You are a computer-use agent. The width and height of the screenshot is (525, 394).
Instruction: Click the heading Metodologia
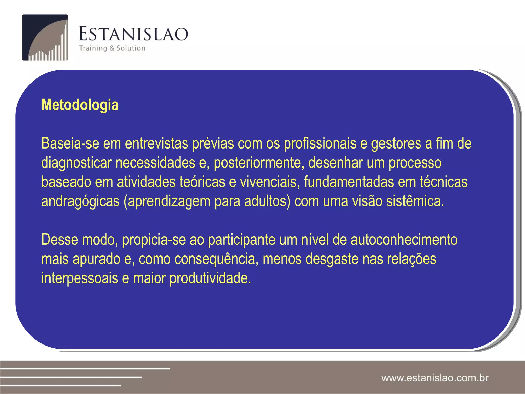pyautogui.click(x=80, y=105)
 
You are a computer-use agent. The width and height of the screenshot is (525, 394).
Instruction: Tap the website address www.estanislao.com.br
pyautogui.click(x=435, y=378)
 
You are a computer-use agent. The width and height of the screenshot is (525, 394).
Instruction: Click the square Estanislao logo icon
pyautogui.click(x=45, y=37)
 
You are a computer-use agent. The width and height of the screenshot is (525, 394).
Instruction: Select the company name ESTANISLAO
pyautogui.click(x=133, y=34)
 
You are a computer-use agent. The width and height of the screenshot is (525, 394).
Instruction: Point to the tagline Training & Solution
pyautogui.click(x=112, y=48)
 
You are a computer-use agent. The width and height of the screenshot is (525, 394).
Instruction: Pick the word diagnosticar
pyautogui.click(x=76, y=163)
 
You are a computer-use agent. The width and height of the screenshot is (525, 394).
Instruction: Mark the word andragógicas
pyautogui.click(x=80, y=201)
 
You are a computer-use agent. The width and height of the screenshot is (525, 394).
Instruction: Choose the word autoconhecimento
pyautogui.click(x=404, y=240)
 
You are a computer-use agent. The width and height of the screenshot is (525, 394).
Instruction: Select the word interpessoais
pyautogui.click(x=79, y=278)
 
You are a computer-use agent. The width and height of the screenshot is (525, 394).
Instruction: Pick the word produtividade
pyautogui.click(x=210, y=278)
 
